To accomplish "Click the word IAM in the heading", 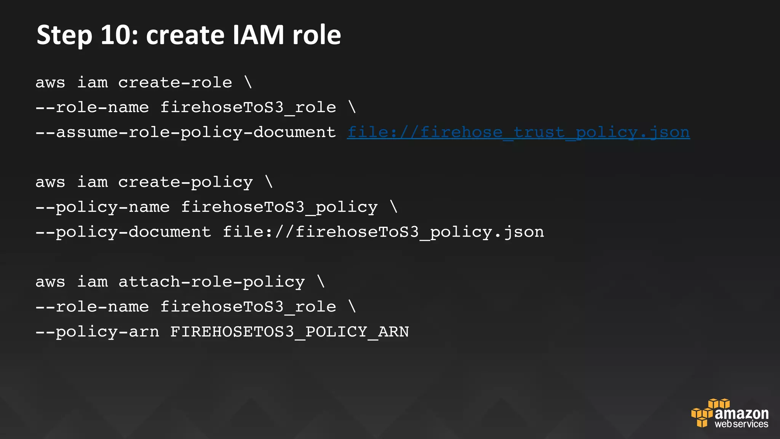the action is tap(258, 35).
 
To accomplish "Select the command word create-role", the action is tap(175, 83).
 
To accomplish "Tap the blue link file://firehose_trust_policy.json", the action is tap(518, 133).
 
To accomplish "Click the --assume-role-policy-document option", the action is tap(185, 133).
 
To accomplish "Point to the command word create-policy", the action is tap(185, 183).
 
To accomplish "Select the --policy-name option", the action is tap(102, 207).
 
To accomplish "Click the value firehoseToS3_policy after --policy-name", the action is tap(279, 207).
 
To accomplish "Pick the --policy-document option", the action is tap(123, 232).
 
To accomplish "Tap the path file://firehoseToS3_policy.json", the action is tap(383, 232).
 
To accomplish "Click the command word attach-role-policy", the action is tap(211, 282).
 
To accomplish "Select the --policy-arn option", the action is tap(97, 332).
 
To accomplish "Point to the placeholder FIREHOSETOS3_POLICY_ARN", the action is tap(289, 332).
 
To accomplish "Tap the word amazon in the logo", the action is tap(742, 413).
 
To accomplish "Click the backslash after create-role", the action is tap(248, 83).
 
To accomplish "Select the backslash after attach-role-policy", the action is tap(321, 282).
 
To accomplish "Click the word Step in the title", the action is tap(64, 35).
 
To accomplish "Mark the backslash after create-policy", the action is tap(269, 183).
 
